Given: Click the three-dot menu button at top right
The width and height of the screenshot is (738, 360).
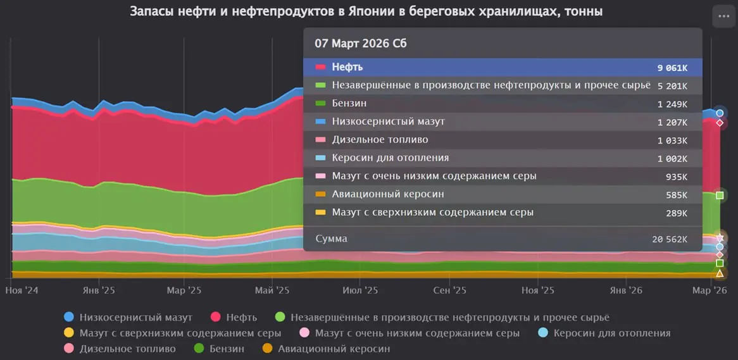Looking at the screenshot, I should click(722, 17).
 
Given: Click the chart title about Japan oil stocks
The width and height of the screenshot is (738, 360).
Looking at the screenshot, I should click(366, 11).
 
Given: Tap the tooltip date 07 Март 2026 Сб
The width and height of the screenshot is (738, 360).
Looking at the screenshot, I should click(361, 44).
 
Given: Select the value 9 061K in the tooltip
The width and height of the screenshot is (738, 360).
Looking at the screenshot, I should click(672, 67).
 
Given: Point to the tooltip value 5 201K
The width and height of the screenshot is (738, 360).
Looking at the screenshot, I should click(672, 85).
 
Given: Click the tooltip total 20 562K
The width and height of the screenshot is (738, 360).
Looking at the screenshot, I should click(670, 239).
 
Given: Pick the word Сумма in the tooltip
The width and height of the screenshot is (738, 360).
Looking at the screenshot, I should click(331, 239).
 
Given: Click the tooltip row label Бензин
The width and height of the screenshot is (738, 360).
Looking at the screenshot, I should click(349, 103).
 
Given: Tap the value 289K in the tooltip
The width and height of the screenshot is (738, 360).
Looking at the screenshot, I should click(676, 213).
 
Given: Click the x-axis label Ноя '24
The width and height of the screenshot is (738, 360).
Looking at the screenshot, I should click(22, 290).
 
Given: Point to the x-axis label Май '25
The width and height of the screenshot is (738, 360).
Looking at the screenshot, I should click(272, 290).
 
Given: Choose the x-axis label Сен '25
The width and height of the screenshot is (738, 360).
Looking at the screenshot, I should click(449, 290).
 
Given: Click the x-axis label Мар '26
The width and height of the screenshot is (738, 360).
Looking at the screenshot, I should click(710, 290).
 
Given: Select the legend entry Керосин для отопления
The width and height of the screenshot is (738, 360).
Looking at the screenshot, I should click(611, 333).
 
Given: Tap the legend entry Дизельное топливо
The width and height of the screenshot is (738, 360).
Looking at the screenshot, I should click(127, 349).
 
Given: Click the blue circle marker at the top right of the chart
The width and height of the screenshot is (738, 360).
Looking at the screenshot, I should click(720, 113).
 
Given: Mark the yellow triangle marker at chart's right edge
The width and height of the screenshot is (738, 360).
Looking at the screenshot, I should click(720, 273).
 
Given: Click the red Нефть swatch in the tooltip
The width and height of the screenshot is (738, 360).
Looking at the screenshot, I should click(320, 67).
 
